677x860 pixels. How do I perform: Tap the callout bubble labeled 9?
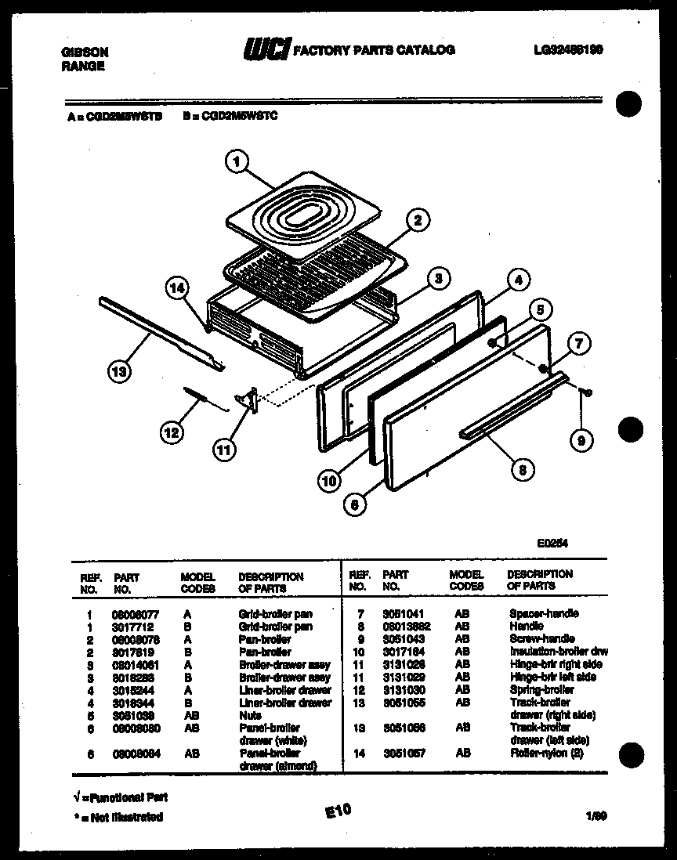click(x=580, y=442)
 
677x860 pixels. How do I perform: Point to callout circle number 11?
click(x=224, y=450)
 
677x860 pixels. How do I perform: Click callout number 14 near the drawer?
click(x=178, y=287)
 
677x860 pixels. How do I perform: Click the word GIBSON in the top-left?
click(x=84, y=52)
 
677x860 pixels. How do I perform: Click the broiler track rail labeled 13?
click(x=161, y=333)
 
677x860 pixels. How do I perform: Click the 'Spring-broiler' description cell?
click(x=541, y=689)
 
